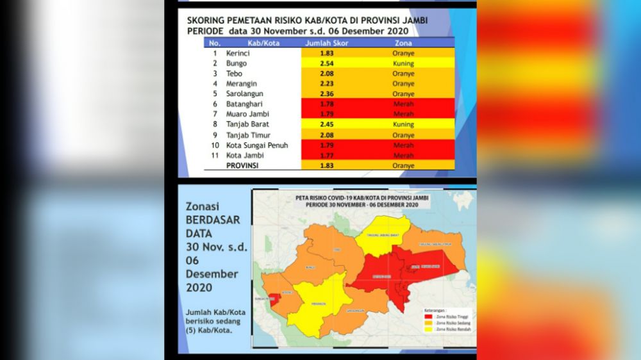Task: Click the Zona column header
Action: pos(403,43)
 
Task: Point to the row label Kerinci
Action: pos(238,53)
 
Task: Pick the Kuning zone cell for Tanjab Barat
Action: pos(403,125)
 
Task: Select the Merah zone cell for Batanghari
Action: pos(403,104)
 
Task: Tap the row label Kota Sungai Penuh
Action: pos(257,145)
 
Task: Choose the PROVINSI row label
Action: pos(245,166)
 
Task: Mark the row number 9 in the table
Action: pos(215,135)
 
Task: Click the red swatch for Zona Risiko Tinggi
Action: pos(428,316)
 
